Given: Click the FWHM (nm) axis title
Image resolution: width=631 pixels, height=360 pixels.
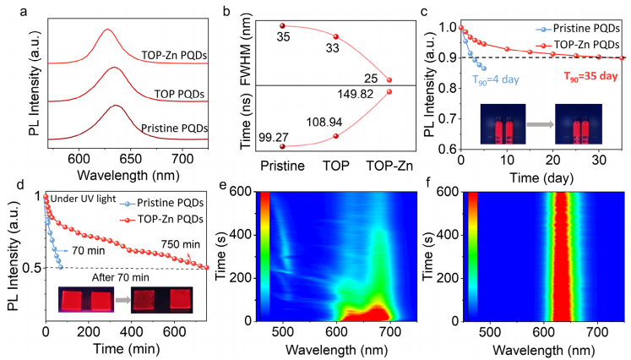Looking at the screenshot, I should [x=244, y=52].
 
